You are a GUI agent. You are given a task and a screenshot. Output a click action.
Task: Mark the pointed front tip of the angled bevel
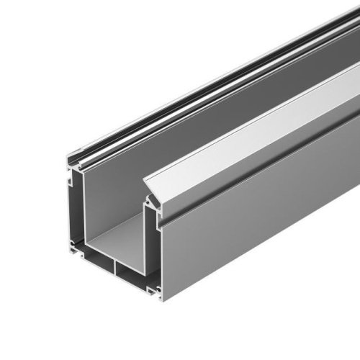coord(146,179)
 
